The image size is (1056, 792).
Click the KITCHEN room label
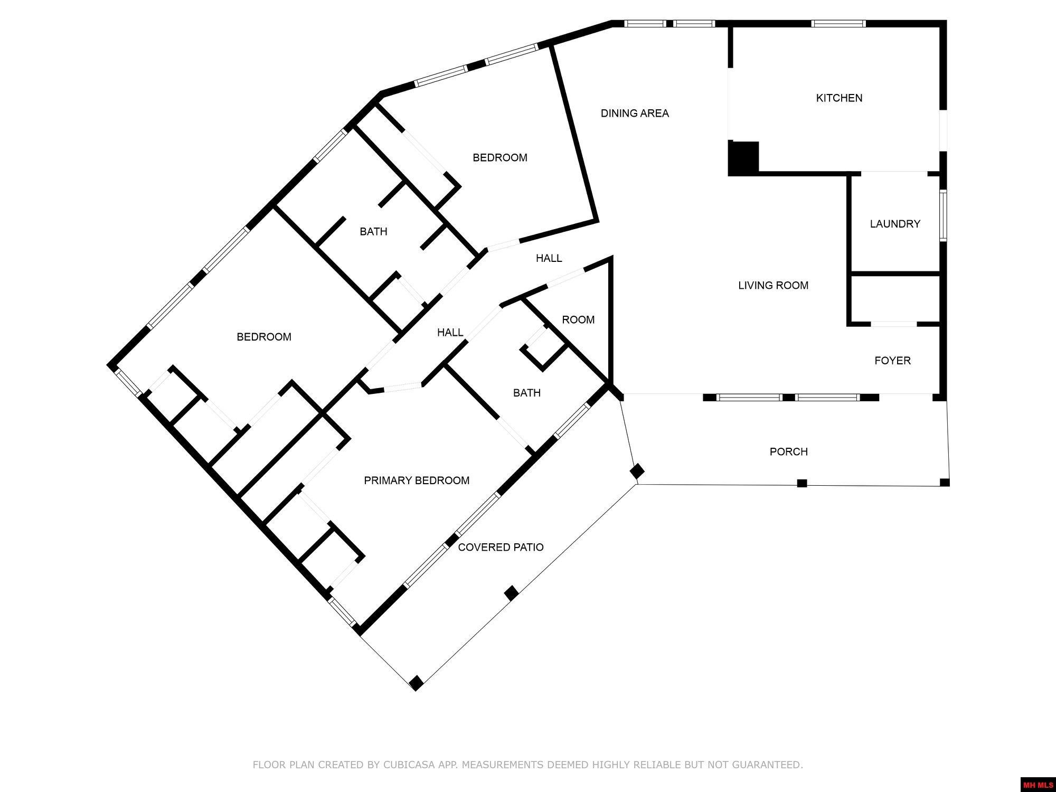(x=839, y=98)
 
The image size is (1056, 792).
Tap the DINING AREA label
(x=635, y=113)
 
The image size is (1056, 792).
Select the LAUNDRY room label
(x=895, y=224)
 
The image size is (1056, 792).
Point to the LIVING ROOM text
(x=773, y=286)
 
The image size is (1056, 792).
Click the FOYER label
(x=892, y=361)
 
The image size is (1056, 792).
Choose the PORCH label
(x=788, y=452)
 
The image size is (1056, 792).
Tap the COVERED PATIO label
(x=501, y=548)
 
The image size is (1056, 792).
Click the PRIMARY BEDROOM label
(x=417, y=480)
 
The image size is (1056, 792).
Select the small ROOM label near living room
(x=578, y=320)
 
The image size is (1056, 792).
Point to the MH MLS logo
(x=1038, y=785)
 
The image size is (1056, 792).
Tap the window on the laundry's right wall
(x=942, y=215)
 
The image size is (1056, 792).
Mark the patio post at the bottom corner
(x=416, y=683)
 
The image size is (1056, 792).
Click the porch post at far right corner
(x=945, y=482)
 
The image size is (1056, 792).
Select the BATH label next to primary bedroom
(x=526, y=393)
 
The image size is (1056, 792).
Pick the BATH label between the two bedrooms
(x=373, y=232)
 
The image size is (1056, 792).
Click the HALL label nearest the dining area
(x=549, y=258)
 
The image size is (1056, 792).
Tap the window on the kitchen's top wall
(x=838, y=23)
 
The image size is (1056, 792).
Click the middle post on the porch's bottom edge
(x=802, y=483)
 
